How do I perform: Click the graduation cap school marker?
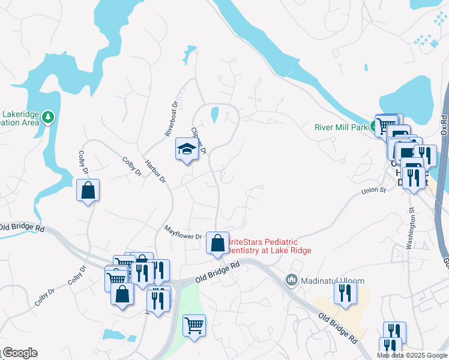[187, 149]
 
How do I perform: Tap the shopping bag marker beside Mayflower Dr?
[217, 244]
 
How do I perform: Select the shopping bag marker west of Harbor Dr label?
[88, 191]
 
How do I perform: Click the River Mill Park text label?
[341, 127]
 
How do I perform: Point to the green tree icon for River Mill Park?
[373, 127]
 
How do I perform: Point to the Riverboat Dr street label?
[172, 118]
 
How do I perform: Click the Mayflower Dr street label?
[183, 232]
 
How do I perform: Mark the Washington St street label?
[411, 228]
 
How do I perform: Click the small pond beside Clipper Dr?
[214, 113]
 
